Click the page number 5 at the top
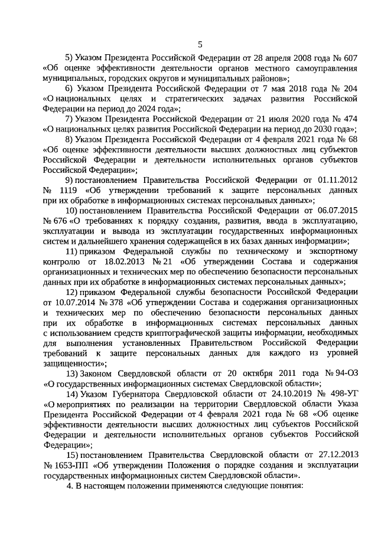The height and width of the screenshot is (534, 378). click(200, 44)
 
